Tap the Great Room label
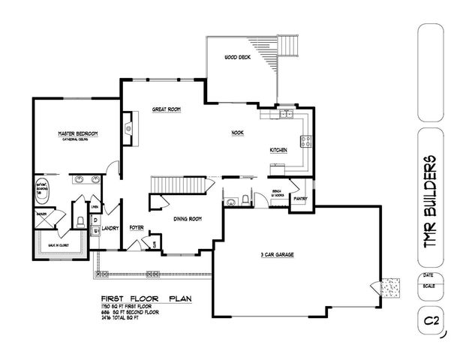[x=167, y=109]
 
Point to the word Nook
[x=237, y=133]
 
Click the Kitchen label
[x=279, y=150]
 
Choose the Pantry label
[x=302, y=199]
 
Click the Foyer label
[x=137, y=226]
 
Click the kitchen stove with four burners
[x=306, y=139]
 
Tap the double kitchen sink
[x=287, y=114]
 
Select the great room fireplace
[x=128, y=128]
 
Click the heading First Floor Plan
[x=143, y=298]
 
